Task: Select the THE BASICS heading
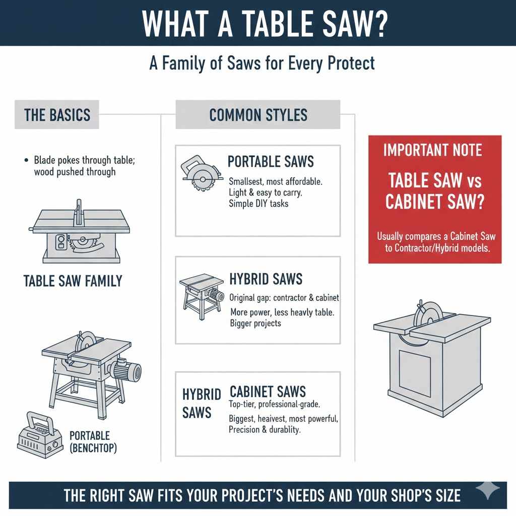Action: point(57,114)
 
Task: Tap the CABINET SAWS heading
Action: point(268,391)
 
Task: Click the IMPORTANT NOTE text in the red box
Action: point(432,150)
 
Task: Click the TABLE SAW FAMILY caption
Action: point(73,281)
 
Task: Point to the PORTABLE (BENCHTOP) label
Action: point(93,441)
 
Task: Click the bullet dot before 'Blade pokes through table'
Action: point(26,160)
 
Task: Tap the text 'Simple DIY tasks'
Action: point(259,204)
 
